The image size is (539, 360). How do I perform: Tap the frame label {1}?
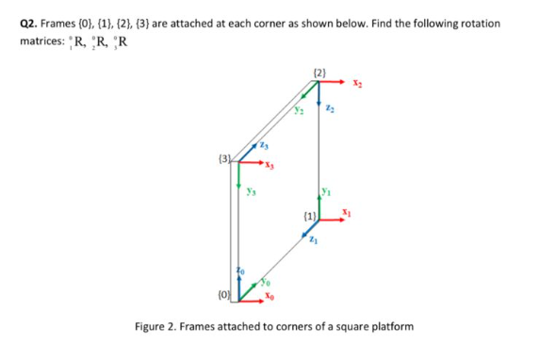[x=307, y=216]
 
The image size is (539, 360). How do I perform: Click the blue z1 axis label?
[x=314, y=240]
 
